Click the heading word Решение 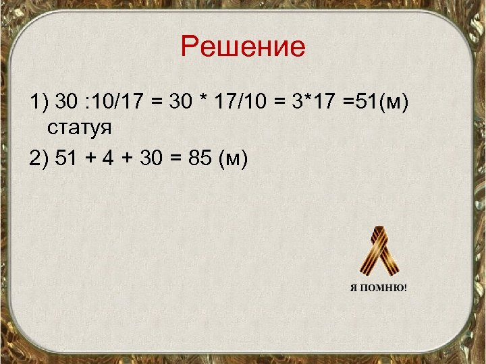(x=243, y=48)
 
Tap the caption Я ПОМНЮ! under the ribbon (x=378, y=287)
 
